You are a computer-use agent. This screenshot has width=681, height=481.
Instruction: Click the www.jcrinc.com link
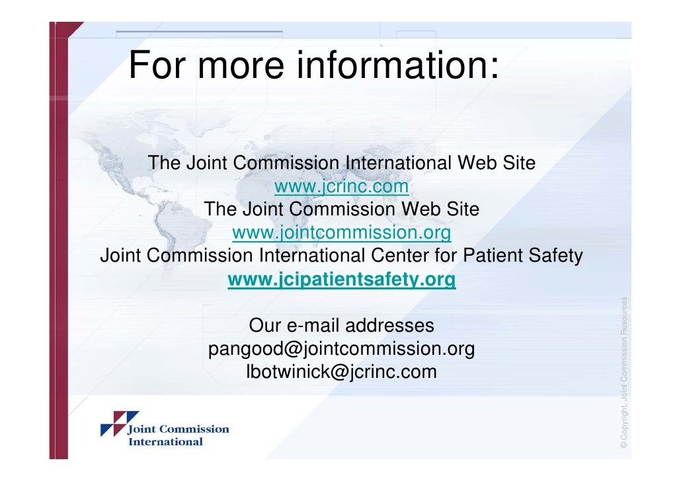341,187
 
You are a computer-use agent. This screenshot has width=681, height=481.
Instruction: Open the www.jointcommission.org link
341,233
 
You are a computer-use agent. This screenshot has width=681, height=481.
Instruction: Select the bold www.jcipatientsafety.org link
341,280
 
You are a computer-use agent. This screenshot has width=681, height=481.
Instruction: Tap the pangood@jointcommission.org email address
341,349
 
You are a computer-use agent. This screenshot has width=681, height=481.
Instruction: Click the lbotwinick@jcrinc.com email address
341,371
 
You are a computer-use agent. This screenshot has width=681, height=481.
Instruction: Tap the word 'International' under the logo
165,441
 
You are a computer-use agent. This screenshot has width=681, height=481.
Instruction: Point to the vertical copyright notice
623,373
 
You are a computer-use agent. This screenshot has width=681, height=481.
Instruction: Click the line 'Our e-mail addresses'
341,326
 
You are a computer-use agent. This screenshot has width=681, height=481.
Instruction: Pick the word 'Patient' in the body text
489,255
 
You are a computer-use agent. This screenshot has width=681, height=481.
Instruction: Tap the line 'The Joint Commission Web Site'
341,209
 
